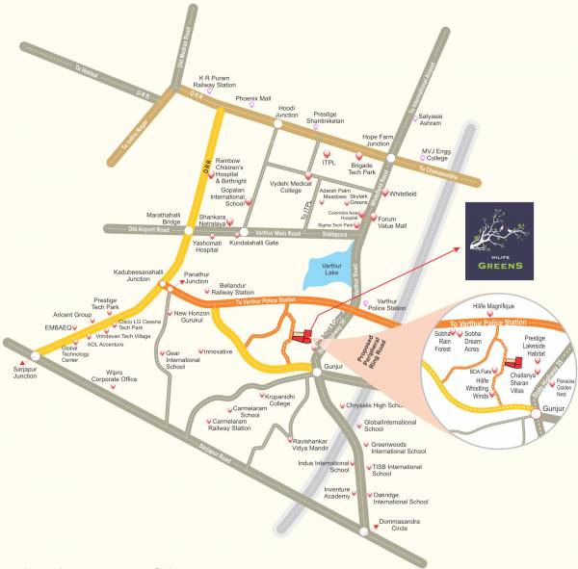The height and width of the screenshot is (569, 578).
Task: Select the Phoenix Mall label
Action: click(253, 98)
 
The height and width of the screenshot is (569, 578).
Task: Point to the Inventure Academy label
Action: click(336, 491)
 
